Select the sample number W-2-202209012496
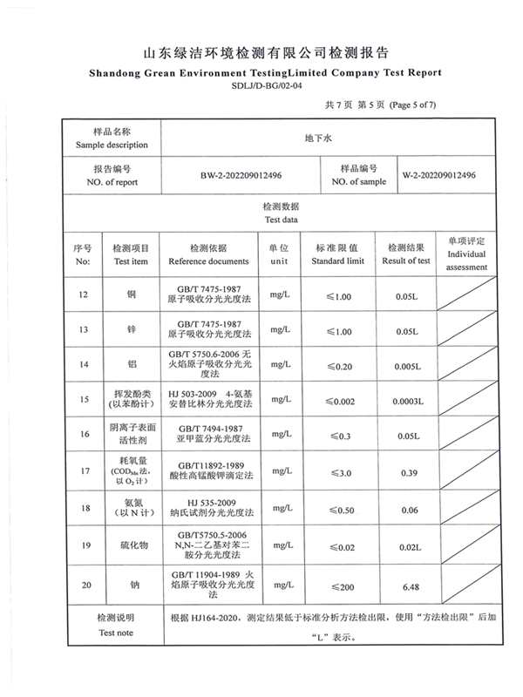tap(438, 175)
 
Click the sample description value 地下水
tap(313, 137)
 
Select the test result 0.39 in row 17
tap(406, 471)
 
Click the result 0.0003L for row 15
tap(406, 401)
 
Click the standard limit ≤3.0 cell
tap(337, 471)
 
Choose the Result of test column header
tap(406, 261)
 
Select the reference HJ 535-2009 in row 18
tap(208, 503)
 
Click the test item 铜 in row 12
tap(131, 296)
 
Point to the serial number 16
tap(84, 434)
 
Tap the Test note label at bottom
tap(115, 633)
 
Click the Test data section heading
tap(281, 220)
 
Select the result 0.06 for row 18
tap(406, 510)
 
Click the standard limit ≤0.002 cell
tap(337, 401)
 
